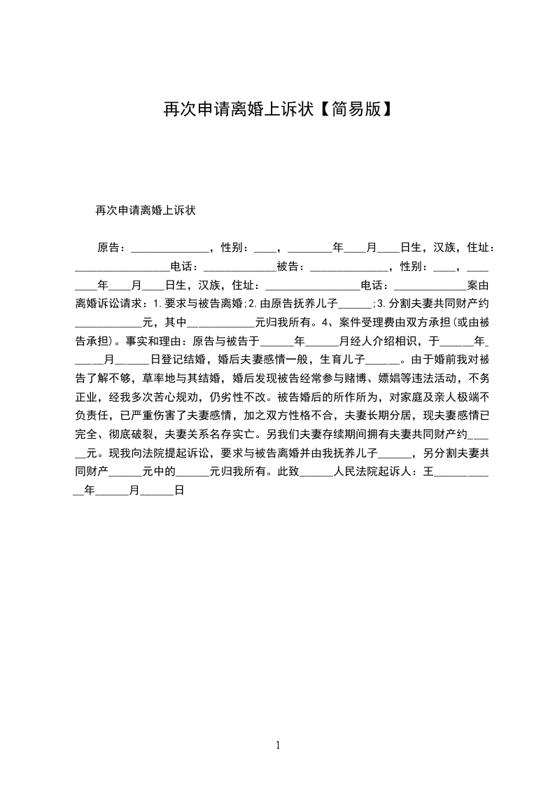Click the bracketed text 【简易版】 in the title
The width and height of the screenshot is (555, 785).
(353, 108)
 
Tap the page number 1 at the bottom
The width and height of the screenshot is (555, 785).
(278, 745)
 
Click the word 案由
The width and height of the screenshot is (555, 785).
(477, 285)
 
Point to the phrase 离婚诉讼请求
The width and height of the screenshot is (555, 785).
(108, 304)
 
